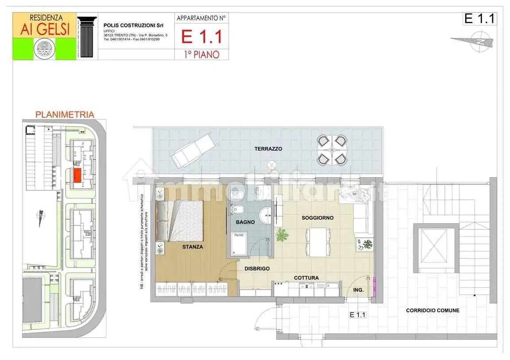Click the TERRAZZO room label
[x=268, y=149]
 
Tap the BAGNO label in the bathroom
[x=245, y=222]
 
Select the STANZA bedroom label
[x=192, y=247]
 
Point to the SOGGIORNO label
[x=317, y=218]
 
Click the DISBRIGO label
[x=257, y=268]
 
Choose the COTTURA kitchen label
[x=306, y=278]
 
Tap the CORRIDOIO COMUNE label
[x=432, y=310]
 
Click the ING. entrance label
[x=358, y=290]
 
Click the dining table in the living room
[x=318, y=242]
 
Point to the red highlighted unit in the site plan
[x=77, y=175]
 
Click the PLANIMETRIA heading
[x=65, y=115]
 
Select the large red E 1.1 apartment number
[x=202, y=36]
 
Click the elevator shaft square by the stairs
[x=434, y=248]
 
